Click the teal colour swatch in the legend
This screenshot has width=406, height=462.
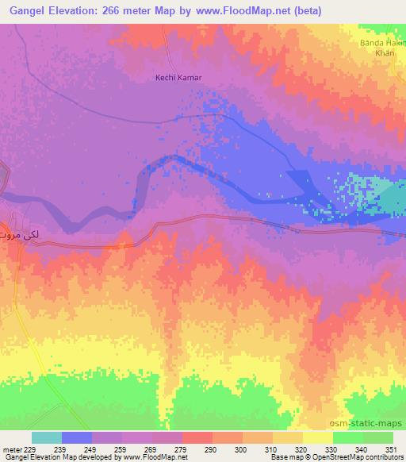[47, 437]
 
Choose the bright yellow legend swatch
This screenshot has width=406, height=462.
[318, 437]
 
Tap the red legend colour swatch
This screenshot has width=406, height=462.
[197, 437]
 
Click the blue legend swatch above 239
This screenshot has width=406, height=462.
[77, 437]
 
